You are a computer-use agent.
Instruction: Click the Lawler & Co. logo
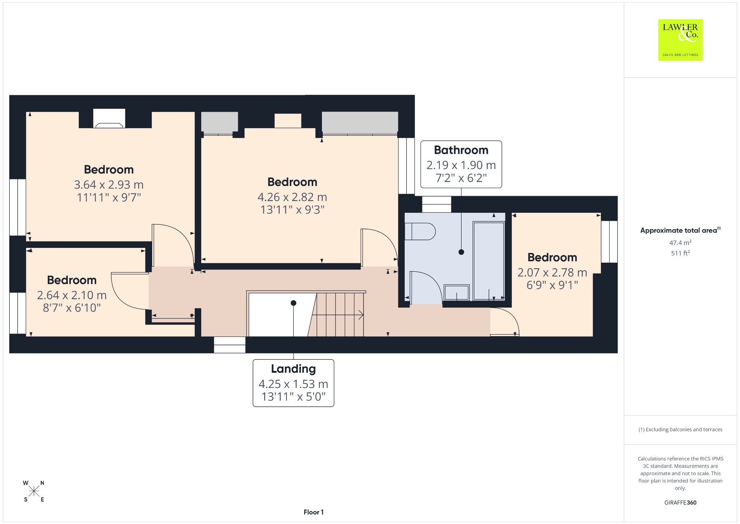(x=680, y=40)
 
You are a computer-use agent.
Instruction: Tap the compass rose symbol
(x=34, y=491)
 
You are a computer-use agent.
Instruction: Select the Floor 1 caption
(x=314, y=512)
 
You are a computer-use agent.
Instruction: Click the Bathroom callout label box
(x=461, y=164)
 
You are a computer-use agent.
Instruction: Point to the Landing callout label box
(x=293, y=383)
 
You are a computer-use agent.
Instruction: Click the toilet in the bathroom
(x=420, y=231)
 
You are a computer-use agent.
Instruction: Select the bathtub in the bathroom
(x=489, y=261)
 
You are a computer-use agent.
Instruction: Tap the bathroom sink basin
(x=457, y=292)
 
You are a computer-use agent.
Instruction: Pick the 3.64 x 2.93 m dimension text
(x=109, y=185)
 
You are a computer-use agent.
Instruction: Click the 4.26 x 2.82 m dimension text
(x=292, y=197)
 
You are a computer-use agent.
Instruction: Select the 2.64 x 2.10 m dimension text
(x=72, y=295)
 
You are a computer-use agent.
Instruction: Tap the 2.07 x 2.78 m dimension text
(x=552, y=272)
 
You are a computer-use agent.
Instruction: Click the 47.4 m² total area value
(x=680, y=243)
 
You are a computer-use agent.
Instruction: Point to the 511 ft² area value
(x=680, y=253)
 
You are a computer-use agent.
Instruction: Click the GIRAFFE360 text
(x=680, y=502)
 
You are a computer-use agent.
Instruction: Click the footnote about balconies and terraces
(x=680, y=430)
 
